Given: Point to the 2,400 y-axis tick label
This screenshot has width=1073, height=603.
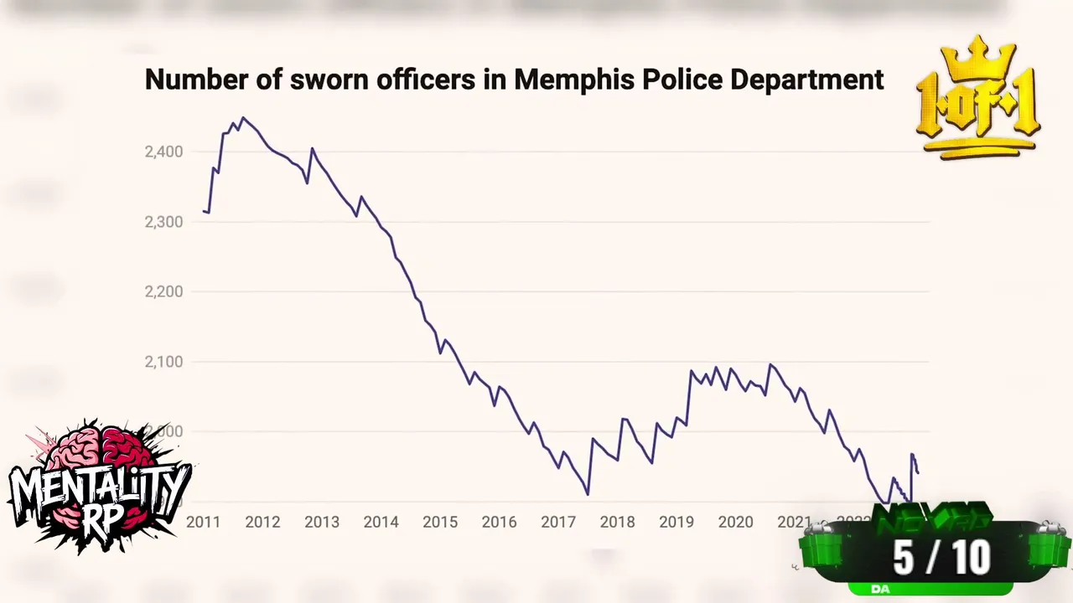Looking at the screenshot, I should [163, 152].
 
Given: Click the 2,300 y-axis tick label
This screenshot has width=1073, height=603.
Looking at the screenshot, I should [163, 222].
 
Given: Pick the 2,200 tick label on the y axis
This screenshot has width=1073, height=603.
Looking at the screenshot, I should [163, 291].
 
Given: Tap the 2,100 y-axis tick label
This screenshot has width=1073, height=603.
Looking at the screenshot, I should [163, 362].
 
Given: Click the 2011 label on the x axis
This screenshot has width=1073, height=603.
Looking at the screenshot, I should [203, 522].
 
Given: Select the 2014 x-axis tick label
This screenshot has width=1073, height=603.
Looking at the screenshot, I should [381, 522].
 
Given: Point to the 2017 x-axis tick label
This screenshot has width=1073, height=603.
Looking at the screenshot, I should [558, 522].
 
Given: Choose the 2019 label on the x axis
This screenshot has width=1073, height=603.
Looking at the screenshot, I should [676, 522].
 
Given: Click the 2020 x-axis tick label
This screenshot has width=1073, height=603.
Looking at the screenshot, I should [736, 522].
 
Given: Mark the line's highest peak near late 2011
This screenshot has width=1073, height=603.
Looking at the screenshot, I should [243, 118].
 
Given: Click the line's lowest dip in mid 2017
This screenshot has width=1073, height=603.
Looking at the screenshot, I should [588, 494].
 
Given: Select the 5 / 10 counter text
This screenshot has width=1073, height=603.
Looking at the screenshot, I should [941, 557].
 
